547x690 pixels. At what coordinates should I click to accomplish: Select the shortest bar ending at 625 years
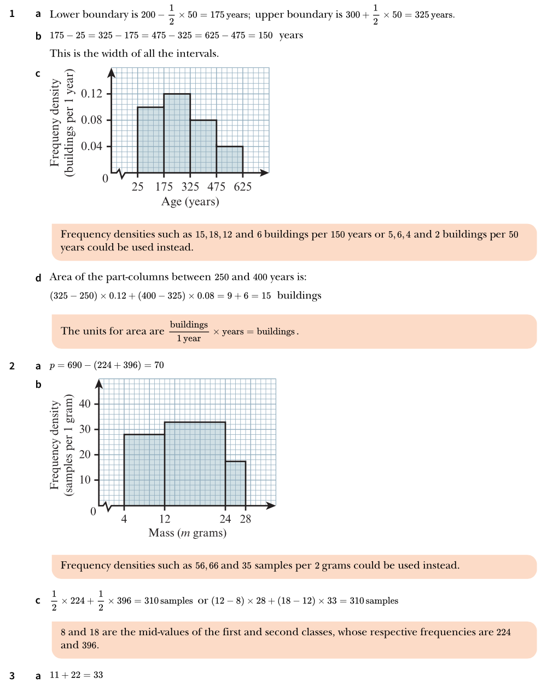(230, 159)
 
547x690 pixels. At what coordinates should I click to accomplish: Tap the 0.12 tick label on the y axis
(91, 94)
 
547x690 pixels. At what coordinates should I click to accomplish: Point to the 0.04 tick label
(91, 146)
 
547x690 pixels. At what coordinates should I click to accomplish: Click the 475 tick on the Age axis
(216, 187)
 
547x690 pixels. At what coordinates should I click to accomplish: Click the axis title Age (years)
(190, 202)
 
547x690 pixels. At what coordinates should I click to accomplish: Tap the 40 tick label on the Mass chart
(85, 404)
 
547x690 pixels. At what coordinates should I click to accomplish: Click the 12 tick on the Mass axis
(165, 519)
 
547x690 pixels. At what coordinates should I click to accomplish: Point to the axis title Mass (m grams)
(187, 533)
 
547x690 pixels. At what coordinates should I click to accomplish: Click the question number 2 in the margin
(12, 366)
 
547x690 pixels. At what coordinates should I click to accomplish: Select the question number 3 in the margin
(12, 676)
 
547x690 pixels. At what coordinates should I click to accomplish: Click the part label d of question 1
(38, 278)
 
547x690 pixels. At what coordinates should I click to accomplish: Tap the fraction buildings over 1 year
(189, 331)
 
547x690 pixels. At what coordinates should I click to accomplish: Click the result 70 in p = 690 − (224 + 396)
(159, 365)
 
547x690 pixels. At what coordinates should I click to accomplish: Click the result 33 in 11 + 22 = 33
(97, 675)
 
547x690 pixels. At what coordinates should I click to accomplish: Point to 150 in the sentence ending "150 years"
(265, 36)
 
